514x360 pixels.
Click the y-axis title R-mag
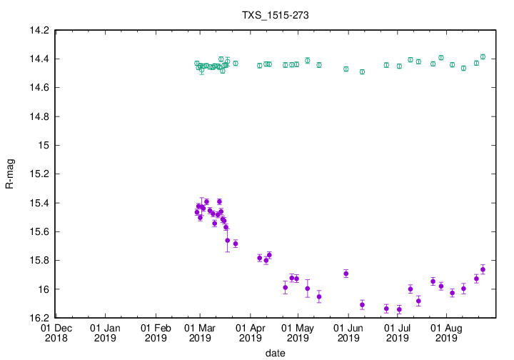point(10,174)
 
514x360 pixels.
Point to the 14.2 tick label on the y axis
point(39,30)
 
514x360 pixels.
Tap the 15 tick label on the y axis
point(44,145)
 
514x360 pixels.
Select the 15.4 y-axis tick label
point(39,203)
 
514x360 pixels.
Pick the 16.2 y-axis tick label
point(39,318)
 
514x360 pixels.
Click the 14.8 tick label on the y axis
point(39,116)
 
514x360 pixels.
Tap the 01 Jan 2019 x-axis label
point(106,333)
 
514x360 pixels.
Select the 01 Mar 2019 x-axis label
point(201,333)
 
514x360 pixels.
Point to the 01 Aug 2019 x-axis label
point(447,333)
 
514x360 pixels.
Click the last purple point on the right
point(483,269)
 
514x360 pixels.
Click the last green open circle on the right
point(483,57)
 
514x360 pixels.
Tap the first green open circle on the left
point(197,64)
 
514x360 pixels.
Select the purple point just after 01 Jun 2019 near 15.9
point(346,274)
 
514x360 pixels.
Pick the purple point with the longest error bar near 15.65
point(228,240)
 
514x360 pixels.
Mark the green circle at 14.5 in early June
point(362,71)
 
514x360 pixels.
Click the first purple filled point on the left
point(197,212)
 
